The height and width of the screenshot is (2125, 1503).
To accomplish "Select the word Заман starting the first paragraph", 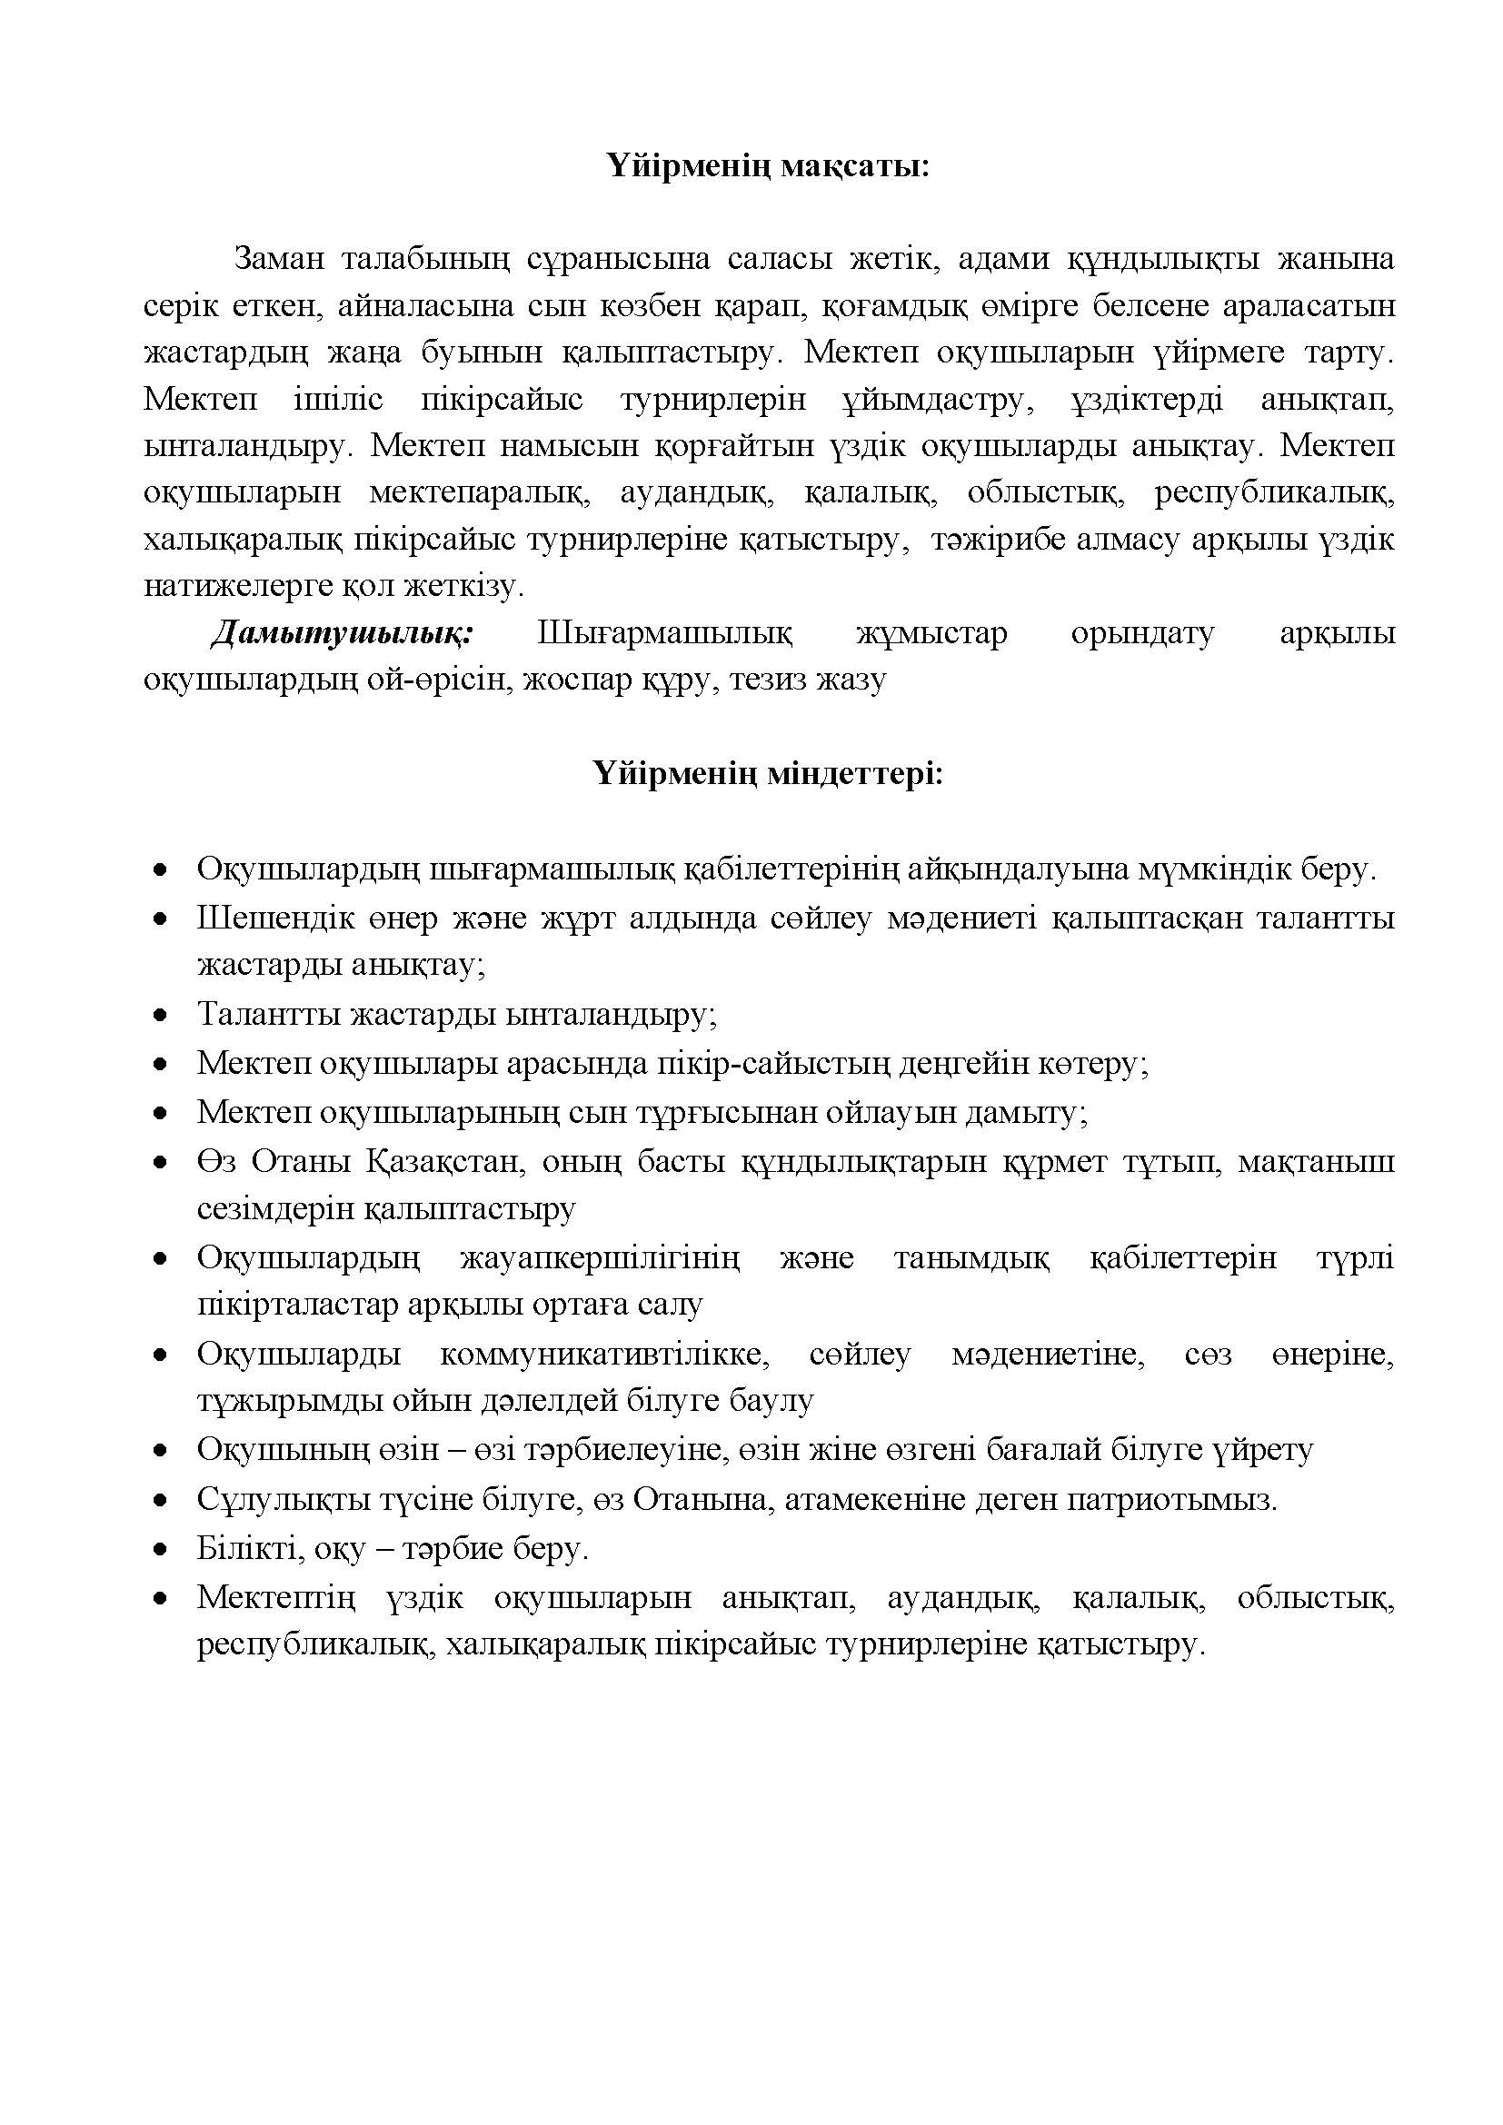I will (279, 258).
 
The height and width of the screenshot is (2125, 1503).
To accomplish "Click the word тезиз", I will (767, 680).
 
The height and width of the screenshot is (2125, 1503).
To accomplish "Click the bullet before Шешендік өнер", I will (162, 919).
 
